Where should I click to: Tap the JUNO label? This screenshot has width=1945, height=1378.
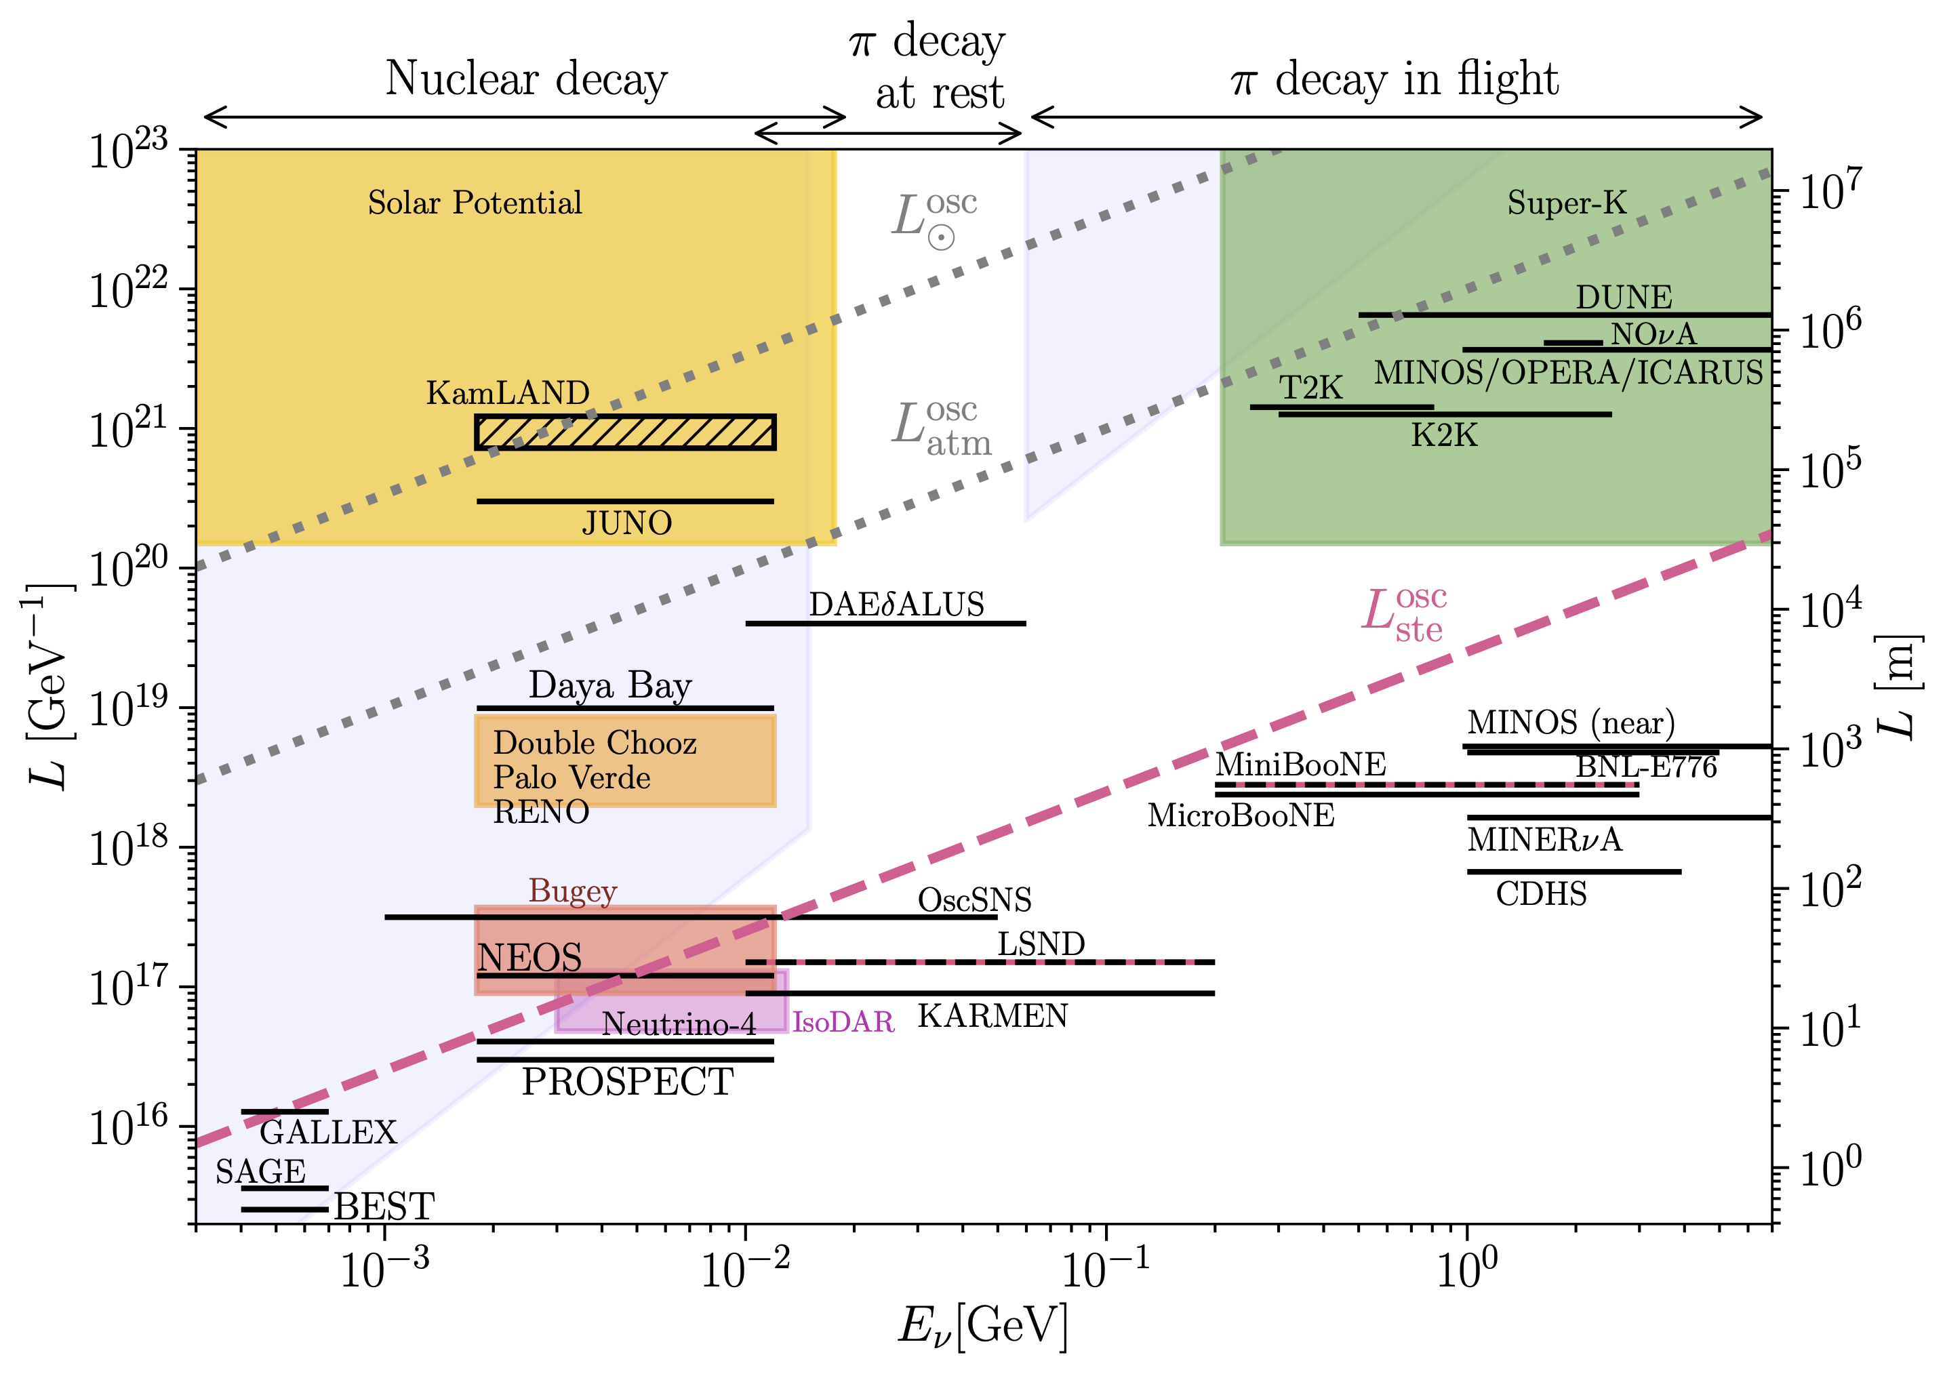click(x=626, y=523)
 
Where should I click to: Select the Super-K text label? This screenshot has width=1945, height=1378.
click(x=1567, y=203)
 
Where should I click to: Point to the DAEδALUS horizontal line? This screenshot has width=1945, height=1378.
click(x=885, y=624)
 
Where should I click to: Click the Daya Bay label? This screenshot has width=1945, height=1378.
click(x=610, y=685)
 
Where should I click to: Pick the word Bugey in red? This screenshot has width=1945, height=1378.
click(x=573, y=891)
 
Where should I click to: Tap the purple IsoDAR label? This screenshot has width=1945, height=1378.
click(x=843, y=1021)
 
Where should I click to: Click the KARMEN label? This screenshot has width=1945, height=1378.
click(x=992, y=1015)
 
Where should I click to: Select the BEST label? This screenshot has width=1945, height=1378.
click(x=384, y=1206)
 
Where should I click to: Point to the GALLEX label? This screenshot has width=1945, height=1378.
click(x=328, y=1132)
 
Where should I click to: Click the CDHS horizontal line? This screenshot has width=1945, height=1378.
click(x=1573, y=872)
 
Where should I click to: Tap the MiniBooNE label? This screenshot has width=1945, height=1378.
click(x=1300, y=765)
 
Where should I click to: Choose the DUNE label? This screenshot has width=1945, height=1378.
click(x=1624, y=297)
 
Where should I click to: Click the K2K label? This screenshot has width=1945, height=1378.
click(x=1443, y=435)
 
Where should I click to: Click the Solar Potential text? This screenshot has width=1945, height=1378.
click(x=475, y=203)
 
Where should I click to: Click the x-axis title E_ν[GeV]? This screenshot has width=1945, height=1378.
click(x=983, y=1325)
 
